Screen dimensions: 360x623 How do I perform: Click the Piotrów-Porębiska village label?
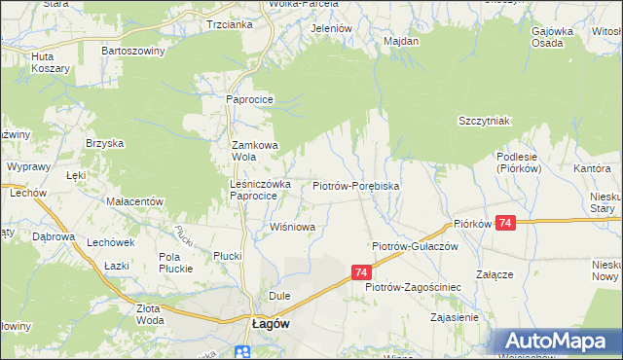click(x=356, y=185)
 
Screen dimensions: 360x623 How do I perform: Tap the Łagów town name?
click(x=269, y=326)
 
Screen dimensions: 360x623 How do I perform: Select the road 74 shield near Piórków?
click(x=504, y=224)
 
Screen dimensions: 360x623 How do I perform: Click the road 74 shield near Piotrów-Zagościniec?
click(x=361, y=273)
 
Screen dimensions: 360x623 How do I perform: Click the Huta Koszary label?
click(x=50, y=63)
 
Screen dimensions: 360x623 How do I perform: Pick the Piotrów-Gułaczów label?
click(x=415, y=247)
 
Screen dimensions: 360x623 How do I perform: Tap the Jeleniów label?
click(x=330, y=28)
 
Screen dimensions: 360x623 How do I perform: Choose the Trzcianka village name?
click(x=230, y=25)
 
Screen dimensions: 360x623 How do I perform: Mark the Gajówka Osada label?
click(x=551, y=37)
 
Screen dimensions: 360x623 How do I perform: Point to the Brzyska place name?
click(x=104, y=143)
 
